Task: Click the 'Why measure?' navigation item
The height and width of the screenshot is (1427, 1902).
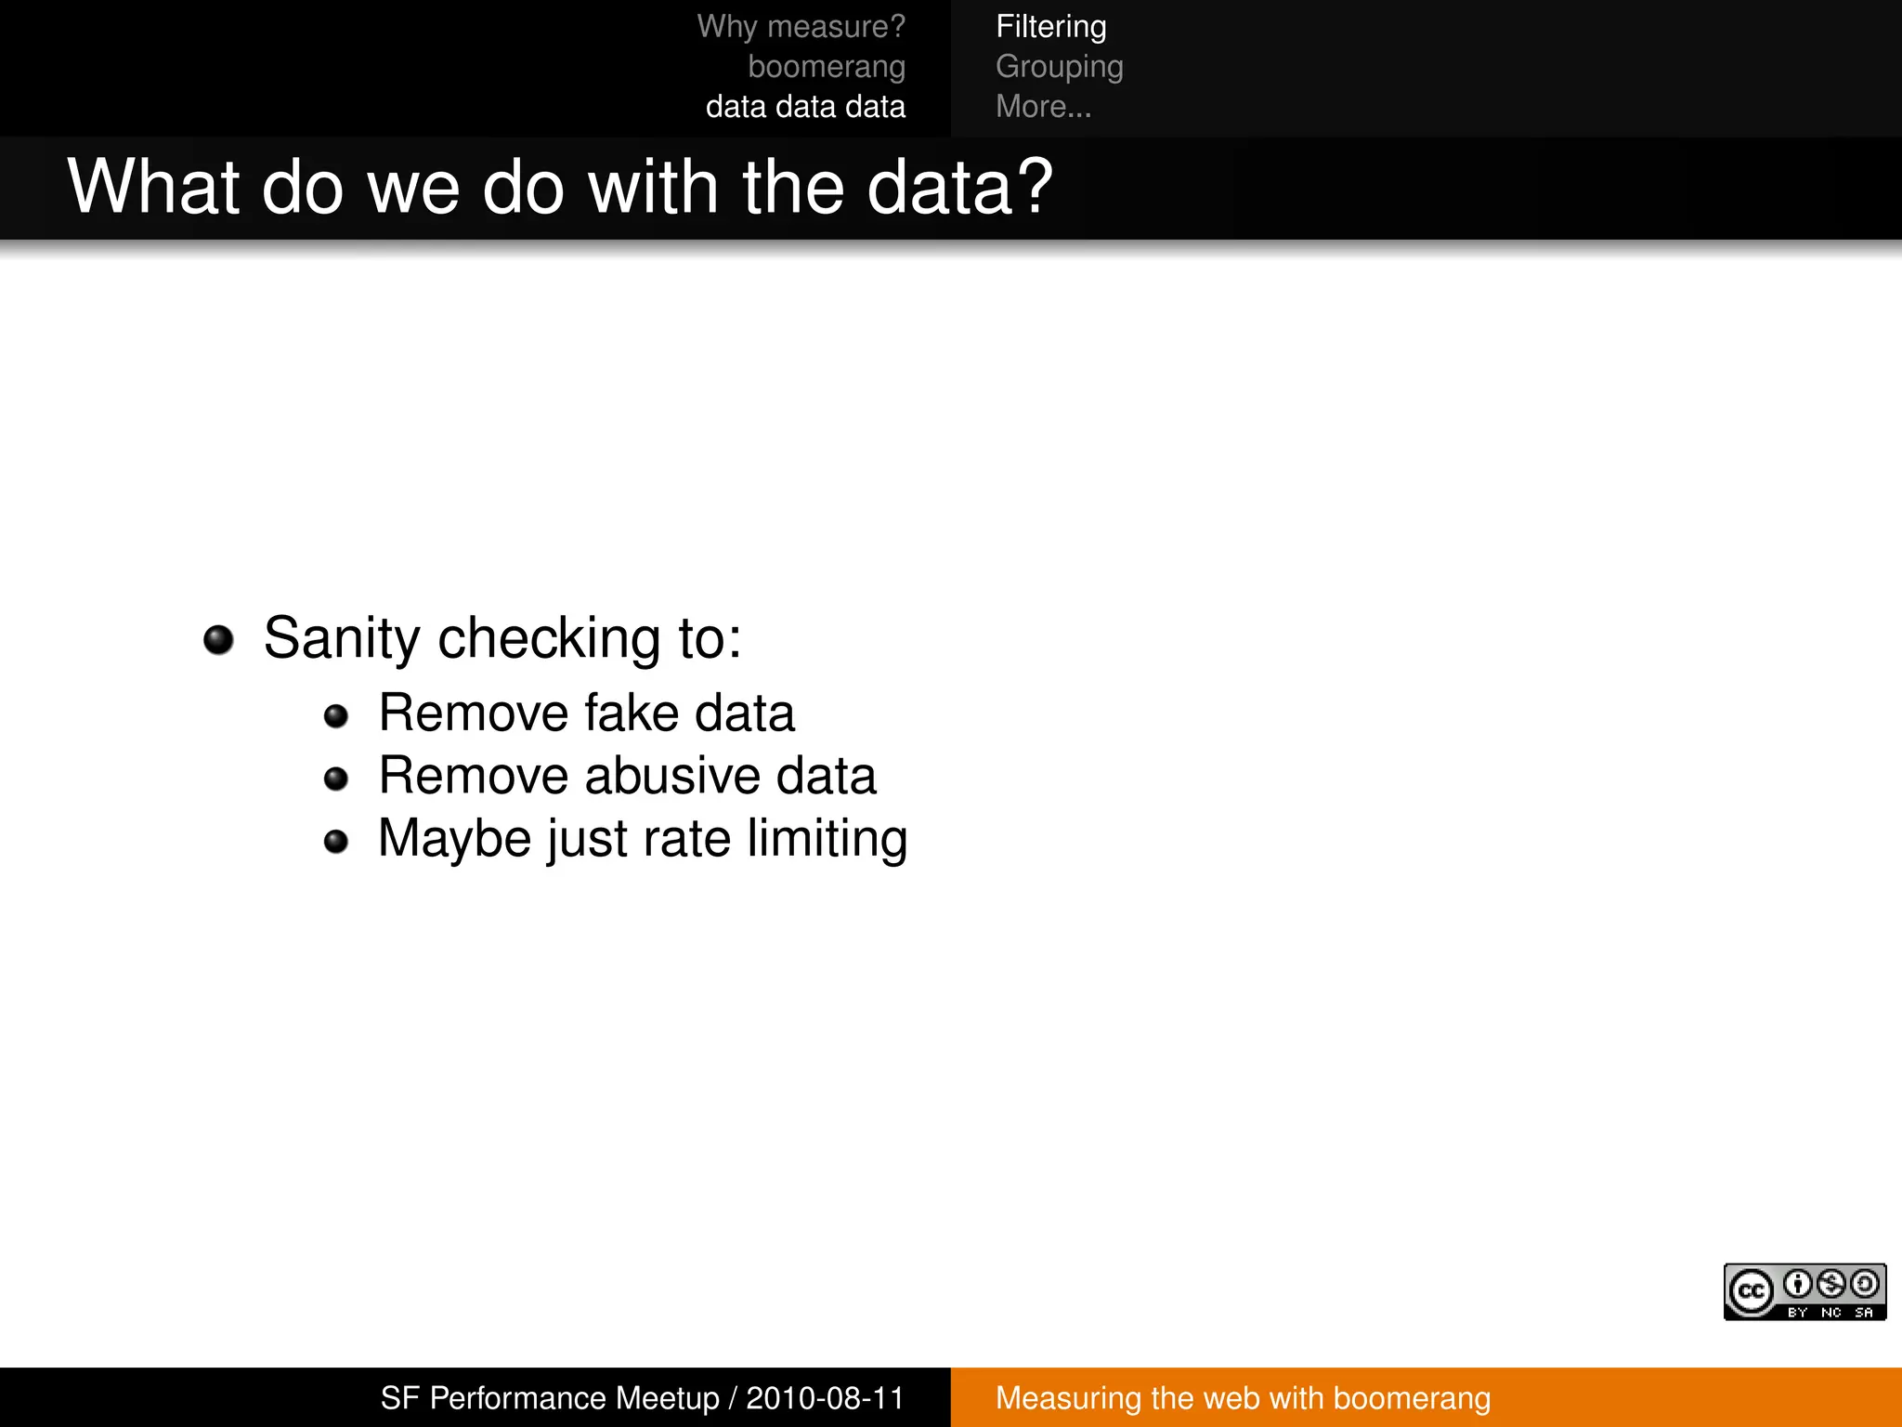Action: pyautogui.click(x=801, y=27)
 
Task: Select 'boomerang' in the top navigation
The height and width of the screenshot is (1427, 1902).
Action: pyautogui.click(x=827, y=67)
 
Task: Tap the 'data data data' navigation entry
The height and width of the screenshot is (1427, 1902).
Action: pyautogui.click(x=805, y=107)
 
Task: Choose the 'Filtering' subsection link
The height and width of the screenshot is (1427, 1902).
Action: pyautogui.click(x=1050, y=27)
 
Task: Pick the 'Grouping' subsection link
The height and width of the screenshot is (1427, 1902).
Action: pyautogui.click(x=1059, y=67)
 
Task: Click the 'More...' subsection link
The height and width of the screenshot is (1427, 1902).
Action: pyautogui.click(x=1043, y=107)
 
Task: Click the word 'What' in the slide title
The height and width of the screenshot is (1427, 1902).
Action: pyautogui.click(x=154, y=188)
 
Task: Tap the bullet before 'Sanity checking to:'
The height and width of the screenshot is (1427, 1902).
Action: pyautogui.click(x=218, y=640)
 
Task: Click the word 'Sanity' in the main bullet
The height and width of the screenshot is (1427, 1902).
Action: pyautogui.click(x=342, y=639)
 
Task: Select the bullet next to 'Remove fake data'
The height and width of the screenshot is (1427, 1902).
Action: pyautogui.click(x=336, y=716)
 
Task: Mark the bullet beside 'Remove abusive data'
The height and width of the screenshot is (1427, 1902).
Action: pyautogui.click(x=336, y=779)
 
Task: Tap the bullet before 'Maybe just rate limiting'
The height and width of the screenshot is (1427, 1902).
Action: pyautogui.click(x=336, y=842)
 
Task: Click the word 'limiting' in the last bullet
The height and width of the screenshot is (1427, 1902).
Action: pyautogui.click(x=827, y=839)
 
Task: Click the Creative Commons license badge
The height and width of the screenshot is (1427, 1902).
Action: pyautogui.click(x=1804, y=1291)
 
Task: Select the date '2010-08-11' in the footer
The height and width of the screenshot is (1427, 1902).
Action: pyautogui.click(x=825, y=1398)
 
